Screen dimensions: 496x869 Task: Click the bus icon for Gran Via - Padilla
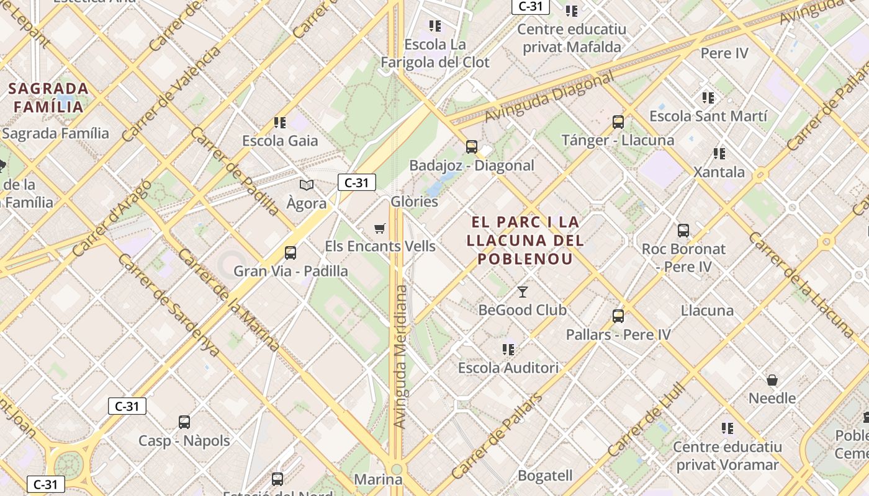pyautogui.click(x=290, y=252)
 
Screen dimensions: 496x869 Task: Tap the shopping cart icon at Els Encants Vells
pyautogui.click(x=380, y=228)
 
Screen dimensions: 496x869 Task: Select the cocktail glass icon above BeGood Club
pyautogui.click(x=523, y=291)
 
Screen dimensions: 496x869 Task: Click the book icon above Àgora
pyautogui.click(x=307, y=185)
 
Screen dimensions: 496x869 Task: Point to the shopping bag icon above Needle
pyautogui.click(x=772, y=379)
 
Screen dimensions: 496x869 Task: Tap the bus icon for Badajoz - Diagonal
pyautogui.click(x=472, y=147)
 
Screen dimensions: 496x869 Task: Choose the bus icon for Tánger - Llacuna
pyautogui.click(x=618, y=122)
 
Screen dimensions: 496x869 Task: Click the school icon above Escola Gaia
pyautogui.click(x=280, y=123)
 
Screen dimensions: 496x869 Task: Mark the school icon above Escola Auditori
pyautogui.click(x=508, y=350)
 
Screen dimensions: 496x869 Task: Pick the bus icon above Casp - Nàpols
pyautogui.click(x=184, y=422)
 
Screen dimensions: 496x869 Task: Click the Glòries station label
pyautogui.click(x=414, y=201)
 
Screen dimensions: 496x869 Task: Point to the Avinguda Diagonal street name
pyautogui.click(x=549, y=96)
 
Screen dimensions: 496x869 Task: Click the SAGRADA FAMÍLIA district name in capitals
pyautogui.click(x=48, y=97)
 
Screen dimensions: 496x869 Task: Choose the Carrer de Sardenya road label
pyautogui.click(x=168, y=305)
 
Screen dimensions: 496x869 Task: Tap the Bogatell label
pyautogui.click(x=545, y=476)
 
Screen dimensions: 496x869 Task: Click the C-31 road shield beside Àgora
pyautogui.click(x=357, y=182)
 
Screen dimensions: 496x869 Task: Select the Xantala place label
pyautogui.click(x=719, y=172)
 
